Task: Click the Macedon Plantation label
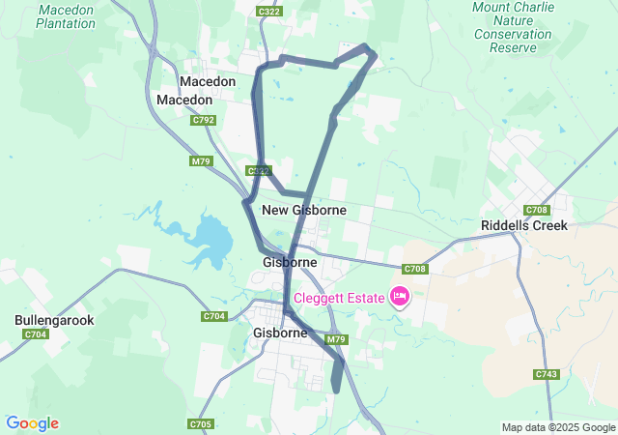[x=65, y=15]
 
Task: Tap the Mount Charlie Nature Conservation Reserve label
[x=513, y=26]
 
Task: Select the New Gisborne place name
[x=304, y=210]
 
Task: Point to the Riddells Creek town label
[x=523, y=225]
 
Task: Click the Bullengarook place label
[x=54, y=319]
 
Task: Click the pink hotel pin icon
[x=400, y=296]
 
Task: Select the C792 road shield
[x=203, y=120]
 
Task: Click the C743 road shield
[x=546, y=374]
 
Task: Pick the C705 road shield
[x=201, y=423]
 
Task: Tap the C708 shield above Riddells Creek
[x=537, y=210]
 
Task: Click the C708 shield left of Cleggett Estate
[x=414, y=269]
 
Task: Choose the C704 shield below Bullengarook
[x=36, y=334]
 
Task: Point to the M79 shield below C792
[x=201, y=161]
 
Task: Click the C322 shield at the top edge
[x=269, y=11]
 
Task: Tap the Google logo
[x=32, y=423]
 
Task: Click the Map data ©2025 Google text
[x=558, y=427]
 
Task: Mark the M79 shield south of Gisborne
[x=336, y=339]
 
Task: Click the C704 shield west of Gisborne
[x=214, y=316]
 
